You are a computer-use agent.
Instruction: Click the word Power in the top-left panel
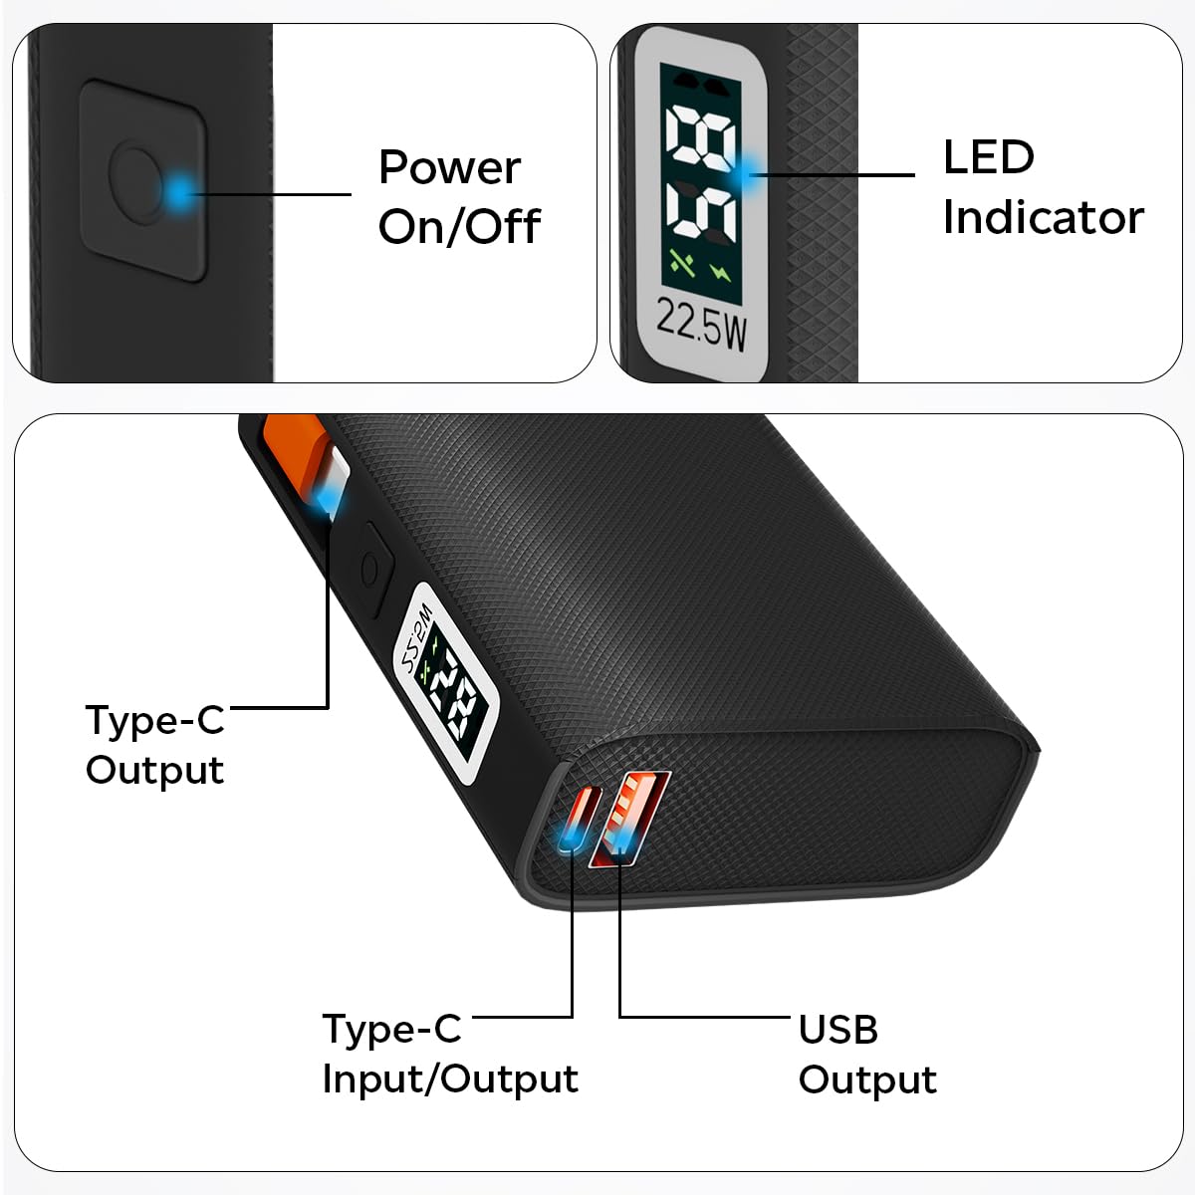(x=449, y=167)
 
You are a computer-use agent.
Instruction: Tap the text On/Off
(x=459, y=227)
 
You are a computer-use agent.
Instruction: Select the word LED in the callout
(x=988, y=157)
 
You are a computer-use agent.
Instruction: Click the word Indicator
(x=1043, y=217)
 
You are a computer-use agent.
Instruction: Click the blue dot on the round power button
(x=178, y=191)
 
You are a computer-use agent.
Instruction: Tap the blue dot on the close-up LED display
(x=749, y=173)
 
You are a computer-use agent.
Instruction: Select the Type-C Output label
(x=155, y=744)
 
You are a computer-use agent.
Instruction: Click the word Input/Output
(x=450, y=1078)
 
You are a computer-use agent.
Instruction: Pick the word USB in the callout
(x=837, y=1030)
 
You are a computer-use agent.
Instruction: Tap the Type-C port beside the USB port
(x=577, y=823)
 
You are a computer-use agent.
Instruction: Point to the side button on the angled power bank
(x=369, y=571)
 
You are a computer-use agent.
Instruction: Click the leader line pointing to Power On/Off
(x=269, y=193)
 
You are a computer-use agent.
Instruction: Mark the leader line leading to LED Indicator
(x=836, y=175)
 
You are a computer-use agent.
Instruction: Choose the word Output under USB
(x=867, y=1079)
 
